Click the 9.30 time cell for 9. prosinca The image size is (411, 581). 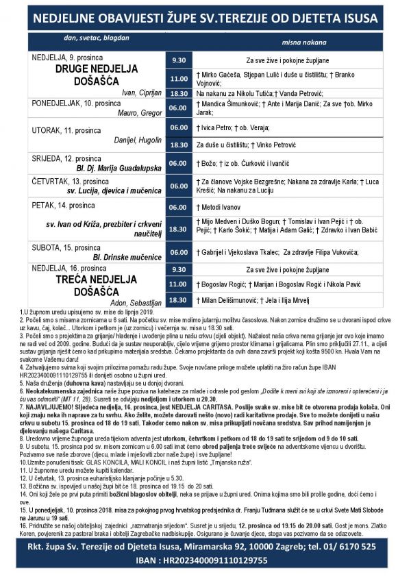coord(178,60)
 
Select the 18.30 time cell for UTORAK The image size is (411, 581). coord(178,145)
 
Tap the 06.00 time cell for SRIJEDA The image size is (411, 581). coord(178,163)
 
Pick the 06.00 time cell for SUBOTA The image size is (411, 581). coord(178,252)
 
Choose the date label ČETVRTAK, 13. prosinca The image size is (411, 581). coord(71,181)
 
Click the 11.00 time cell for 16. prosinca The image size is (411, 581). coord(178,283)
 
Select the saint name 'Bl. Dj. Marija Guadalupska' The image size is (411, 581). coord(116,167)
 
